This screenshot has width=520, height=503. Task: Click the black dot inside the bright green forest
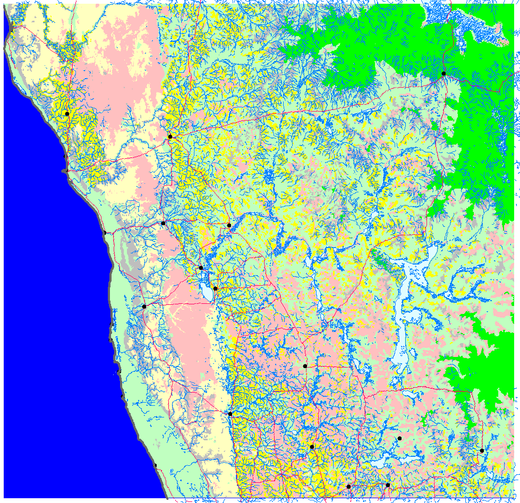pyautogui.click(x=444, y=74)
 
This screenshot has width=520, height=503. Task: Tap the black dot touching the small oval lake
pyautogui.click(x=215, y=288)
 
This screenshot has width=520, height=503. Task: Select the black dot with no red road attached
pyautogui.click(x=399, y=438)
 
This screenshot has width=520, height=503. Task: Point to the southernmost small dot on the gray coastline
pyautogui.click(x=156, y=466)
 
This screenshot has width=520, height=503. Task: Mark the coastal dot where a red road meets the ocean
pyautogui.click(x=106, y=233)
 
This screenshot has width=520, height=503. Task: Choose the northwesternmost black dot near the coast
pyautogui.click(x=67, y=114)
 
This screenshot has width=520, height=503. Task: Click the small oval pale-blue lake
pyautogui.click(x=205, y=289)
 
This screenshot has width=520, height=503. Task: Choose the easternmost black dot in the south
pyautogui.click(x=482, y=450)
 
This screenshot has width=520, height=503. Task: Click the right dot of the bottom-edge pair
pyautogui.click(x=388, y=485)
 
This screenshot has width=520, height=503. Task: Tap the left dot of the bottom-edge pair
pyautogui.click(x=348, y=486)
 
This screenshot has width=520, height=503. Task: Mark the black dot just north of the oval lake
pyautogui.click(x=200, y=268)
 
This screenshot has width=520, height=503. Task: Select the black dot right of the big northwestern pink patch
pyautogui.click(x=170, y=137)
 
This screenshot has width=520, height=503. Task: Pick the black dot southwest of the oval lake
pyautogui.click(x=144, y=306)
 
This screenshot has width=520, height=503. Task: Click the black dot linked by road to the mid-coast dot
pyautogui.click(x=163, y=223)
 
